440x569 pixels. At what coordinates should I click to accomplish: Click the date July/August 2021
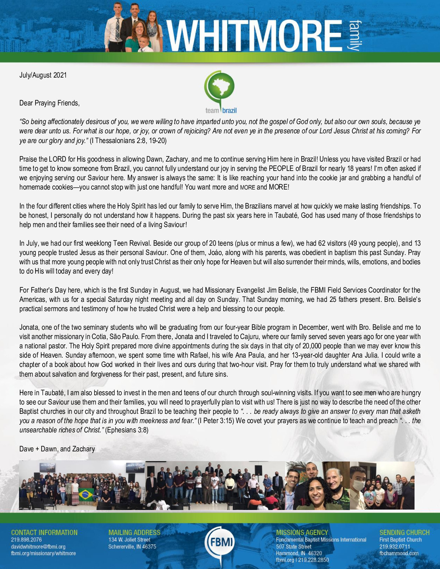click(x=43, y=75)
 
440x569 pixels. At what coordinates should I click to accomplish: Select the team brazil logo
click(x=220, y=93)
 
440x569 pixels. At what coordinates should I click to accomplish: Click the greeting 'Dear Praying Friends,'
click(x=49, y=103)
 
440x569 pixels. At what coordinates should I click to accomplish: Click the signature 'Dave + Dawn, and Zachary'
click(x=57, y=449)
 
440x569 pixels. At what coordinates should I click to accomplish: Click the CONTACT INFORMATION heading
click(x=44, y=533)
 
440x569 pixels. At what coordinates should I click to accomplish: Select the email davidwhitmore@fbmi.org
click(x=38, y=547)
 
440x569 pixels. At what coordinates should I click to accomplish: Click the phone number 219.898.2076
click(x=26, y=540)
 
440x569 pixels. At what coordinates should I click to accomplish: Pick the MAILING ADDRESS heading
click(x=134, y=533)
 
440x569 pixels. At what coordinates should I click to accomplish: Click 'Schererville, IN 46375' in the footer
click(x=132, y=547)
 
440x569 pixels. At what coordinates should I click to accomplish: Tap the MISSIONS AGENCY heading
click(x=302, y=533)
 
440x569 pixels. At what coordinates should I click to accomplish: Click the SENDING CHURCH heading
click(x=404, y=533)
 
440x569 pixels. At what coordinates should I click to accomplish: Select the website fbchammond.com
click(x=399, y=553)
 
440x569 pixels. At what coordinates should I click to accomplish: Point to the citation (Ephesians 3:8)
click(x=127, y=430)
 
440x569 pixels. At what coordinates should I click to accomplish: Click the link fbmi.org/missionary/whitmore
click(x=43, y=553)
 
